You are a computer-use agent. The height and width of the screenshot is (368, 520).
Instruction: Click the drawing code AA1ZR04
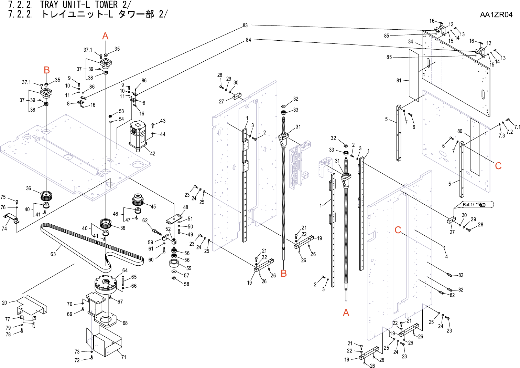[x=496, y=14]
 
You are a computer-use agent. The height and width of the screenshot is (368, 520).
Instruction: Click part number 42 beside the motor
[x=153, y=154]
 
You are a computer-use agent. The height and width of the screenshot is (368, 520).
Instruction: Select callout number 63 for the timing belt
[x=53, y=254]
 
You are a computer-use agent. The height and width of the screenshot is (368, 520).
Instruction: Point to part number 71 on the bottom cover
[x=123, y=357]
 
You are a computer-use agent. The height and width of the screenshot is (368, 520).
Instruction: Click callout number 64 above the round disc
[x=125, y=270]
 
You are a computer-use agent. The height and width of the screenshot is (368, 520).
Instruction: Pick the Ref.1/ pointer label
[x=468, y=205]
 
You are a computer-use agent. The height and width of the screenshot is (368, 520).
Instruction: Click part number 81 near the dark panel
[x=399, y=81]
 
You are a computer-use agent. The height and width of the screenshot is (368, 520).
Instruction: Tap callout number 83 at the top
[x=245, y=25]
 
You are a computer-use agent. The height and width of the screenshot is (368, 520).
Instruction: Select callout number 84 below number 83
[x=248, y=40]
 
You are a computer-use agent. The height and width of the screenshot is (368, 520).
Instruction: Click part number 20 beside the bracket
[x=4, y=303]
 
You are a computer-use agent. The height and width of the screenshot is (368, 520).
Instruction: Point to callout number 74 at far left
[x=4, y=228]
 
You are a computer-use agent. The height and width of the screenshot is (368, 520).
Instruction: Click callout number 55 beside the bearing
[x=189, y=268]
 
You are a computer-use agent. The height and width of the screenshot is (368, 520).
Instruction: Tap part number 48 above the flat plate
[x=186, y=207]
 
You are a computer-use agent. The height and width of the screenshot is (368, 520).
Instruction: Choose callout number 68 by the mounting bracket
[x=125, y=323]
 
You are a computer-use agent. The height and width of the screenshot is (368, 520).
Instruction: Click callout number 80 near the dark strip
[x=460, y=131]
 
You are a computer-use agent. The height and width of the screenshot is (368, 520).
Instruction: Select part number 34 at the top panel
[x=411, y=42]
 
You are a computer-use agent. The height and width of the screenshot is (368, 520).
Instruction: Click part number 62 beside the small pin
[x=145, y=221]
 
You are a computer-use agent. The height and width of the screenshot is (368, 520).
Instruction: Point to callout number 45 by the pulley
[x=153, y=207]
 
